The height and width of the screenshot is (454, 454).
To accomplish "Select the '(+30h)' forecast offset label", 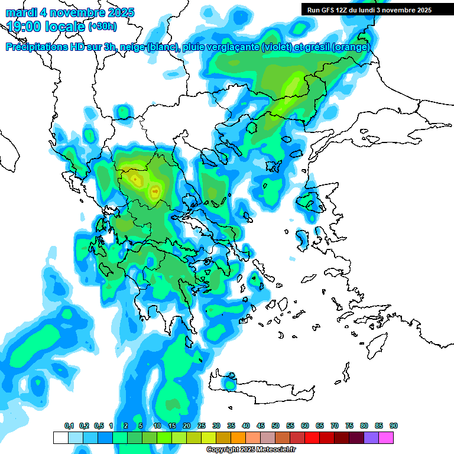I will coord(102,26).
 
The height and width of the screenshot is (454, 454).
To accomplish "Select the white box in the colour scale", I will coord(60,437).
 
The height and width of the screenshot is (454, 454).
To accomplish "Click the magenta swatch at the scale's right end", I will coord(386,437).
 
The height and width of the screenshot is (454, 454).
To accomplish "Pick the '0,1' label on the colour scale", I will coord(69,426).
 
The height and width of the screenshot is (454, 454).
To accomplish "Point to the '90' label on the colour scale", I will coord(394,426).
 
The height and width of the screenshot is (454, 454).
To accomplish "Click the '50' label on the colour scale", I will coord(275,426).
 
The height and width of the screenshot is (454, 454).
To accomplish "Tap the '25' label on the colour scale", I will coord(202,426).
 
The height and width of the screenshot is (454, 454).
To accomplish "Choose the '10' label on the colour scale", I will coord(157,426).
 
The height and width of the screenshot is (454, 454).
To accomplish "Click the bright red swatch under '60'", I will coord(312,437).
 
